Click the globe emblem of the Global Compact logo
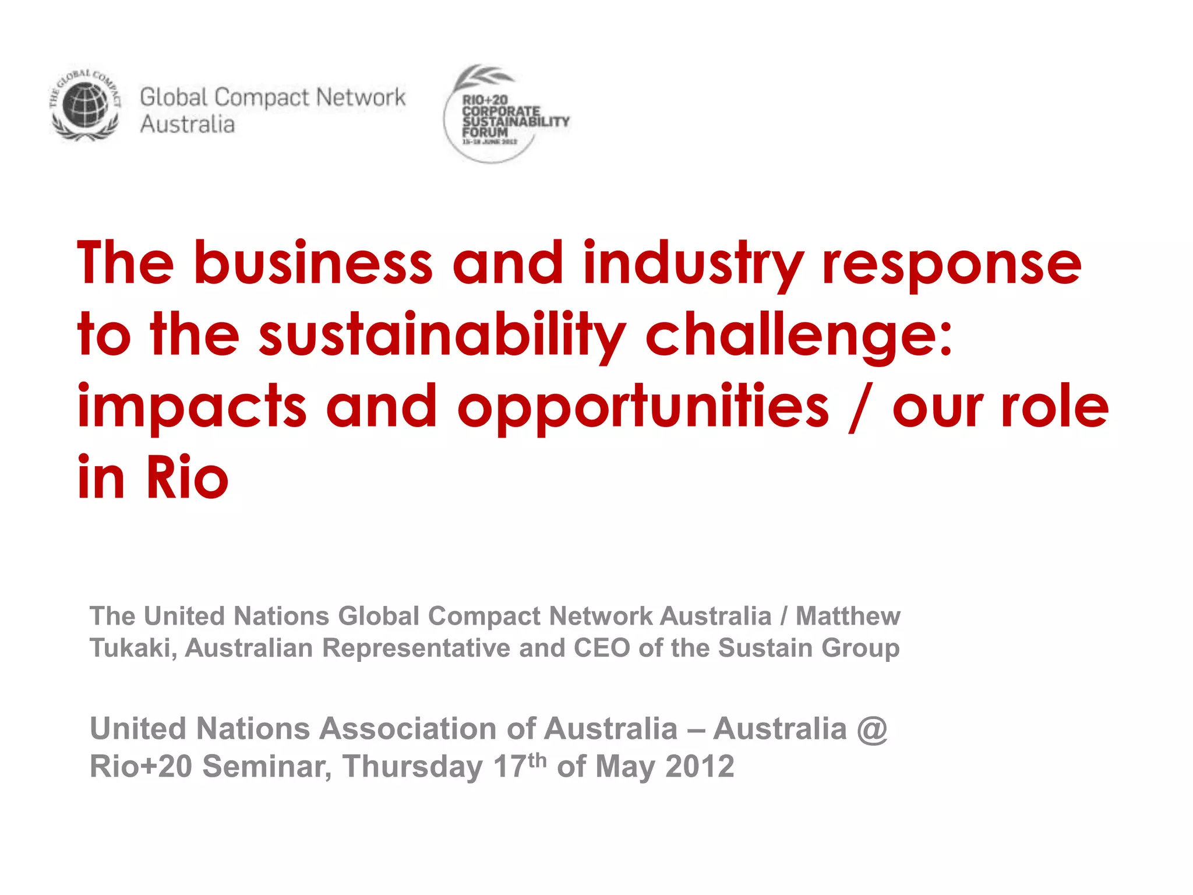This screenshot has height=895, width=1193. coord(85,105)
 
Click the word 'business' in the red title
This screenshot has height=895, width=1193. coord(313,263)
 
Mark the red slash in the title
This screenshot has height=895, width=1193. coord(860,407)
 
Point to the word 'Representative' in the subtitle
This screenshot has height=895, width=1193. coord(416,648)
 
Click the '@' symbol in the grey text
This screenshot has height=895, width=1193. coord(872,729)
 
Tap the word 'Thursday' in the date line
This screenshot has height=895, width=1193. coord(412,767)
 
